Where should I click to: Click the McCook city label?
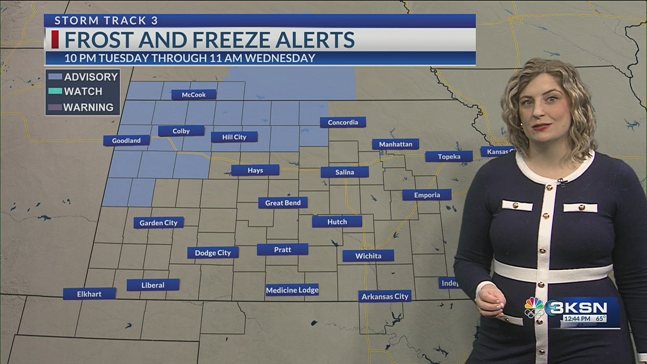point(194,94)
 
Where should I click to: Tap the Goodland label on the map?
point(126,141)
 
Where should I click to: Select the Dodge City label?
point(212,253)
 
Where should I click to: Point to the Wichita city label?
point(368,256)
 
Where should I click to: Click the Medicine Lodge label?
point(292,290)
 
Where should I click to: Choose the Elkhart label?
point(90,294)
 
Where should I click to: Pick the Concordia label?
point(343,122)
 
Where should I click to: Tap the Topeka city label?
point(449,156)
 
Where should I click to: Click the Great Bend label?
point(283,203)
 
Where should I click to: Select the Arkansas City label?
point(385,296)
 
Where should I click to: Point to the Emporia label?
point(426,195)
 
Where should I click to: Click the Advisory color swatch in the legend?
point(54,77)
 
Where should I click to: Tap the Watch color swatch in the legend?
point(54,92)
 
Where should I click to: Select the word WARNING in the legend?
point(88,107)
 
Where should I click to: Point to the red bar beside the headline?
point(55,40)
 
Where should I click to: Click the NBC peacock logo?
point(534,307)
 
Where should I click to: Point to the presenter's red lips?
point(541,127)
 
